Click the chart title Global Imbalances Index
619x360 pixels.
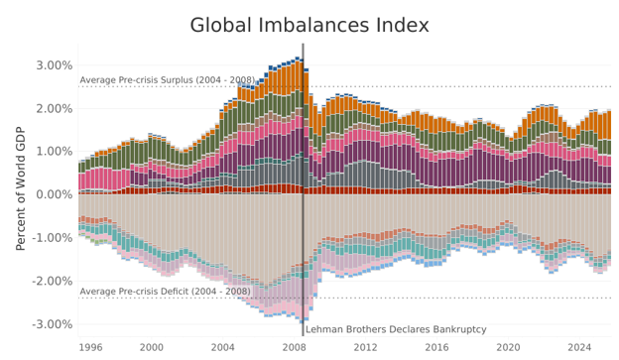[x=309, y=25]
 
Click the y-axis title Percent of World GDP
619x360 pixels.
[x=20, y=188]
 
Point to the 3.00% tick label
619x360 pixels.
[x=55, y=65]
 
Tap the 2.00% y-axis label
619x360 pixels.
[x=55, y=108]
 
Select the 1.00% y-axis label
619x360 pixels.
[x=55, y=152]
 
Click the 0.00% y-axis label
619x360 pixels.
[x=55, y=194]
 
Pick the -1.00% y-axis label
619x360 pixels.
[x=53, y=238]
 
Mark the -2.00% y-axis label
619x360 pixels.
[x=53, y=281]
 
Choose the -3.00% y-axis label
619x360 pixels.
[x=53, y=324]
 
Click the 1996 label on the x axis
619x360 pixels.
[x=91, y=348]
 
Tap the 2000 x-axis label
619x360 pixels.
[x=152, y=348]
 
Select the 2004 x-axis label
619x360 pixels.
[x=222, y=348]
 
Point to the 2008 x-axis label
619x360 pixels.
[x=294, y=348]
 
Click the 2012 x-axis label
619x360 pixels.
[x=366, y=348]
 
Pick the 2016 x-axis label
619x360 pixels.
[x=436, y=348]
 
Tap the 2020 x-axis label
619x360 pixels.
[x=508, y=348]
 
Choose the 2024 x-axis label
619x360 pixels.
[x=579, y=348]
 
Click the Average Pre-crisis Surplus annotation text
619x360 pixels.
[x=168, y=80]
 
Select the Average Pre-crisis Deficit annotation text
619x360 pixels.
[x=165, y=292]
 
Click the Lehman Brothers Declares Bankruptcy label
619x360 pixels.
[x=396, y=329]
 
